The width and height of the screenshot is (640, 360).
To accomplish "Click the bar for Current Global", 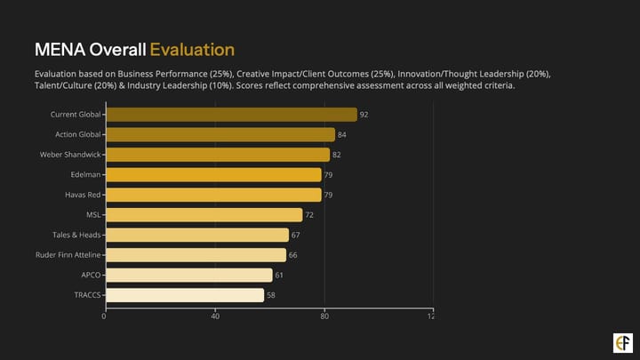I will coord(230,115).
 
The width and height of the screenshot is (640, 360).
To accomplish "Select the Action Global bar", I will coord(220,134).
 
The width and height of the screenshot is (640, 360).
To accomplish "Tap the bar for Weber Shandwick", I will coord(217,155).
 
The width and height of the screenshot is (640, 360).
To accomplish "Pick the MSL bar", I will coord(203,215).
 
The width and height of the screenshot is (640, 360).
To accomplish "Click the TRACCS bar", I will coord(184,295).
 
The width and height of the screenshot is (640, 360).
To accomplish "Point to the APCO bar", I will coord(188,276).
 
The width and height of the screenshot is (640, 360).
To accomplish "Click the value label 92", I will coord(364,115).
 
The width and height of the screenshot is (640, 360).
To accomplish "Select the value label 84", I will coord(342,135).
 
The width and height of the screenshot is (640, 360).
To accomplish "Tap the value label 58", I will coord(271,295).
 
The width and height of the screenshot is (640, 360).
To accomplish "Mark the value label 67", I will coord(296,236).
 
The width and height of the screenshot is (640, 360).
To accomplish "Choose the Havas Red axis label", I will coord(83,195).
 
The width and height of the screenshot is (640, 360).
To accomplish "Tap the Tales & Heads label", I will coord(76,235).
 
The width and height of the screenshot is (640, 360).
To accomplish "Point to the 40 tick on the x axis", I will coord(214,316).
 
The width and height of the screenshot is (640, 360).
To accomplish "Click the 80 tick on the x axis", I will coord(324,316).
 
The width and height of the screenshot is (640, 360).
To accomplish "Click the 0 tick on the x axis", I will coord(104,316).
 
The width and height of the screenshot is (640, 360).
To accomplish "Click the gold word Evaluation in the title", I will coord(191,49).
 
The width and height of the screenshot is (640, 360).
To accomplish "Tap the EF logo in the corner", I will coord(623,342).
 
